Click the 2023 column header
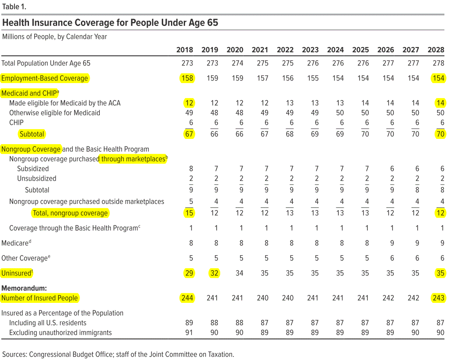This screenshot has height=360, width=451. click(x=310, y=50)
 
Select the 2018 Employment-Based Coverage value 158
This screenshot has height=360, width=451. click(x=187, y=78)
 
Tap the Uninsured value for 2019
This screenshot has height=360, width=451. click(x=214, y=273)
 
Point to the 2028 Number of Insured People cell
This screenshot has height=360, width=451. click(x=438, y=298)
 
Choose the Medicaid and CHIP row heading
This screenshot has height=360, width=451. click(x=30, y=93)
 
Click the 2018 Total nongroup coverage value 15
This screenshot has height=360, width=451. click(x=189, y=213)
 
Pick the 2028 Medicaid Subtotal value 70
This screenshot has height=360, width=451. click(x=440, y=134)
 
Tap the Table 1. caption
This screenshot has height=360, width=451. click(x=14, y=7)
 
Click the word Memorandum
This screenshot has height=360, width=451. click(x=24, y=288)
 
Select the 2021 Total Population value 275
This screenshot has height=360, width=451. click(x=262, y=63)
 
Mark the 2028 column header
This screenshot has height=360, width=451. click(x=436, y=50)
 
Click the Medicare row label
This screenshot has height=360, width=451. click(x=16, y=243)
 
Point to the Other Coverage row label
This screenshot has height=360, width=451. click(x=25, y=258)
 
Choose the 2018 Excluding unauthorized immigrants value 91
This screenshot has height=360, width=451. click(x=189, y=333)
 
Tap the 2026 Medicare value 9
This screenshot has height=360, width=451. click(x=392, y=243)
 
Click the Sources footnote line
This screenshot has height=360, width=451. click(x=118, y=355)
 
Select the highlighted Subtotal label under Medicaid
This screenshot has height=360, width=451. click(x=32, y=134)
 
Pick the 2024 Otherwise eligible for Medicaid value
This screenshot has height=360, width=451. click(x=340, y=113)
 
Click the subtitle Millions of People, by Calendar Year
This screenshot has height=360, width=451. click(x=55, y=37)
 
